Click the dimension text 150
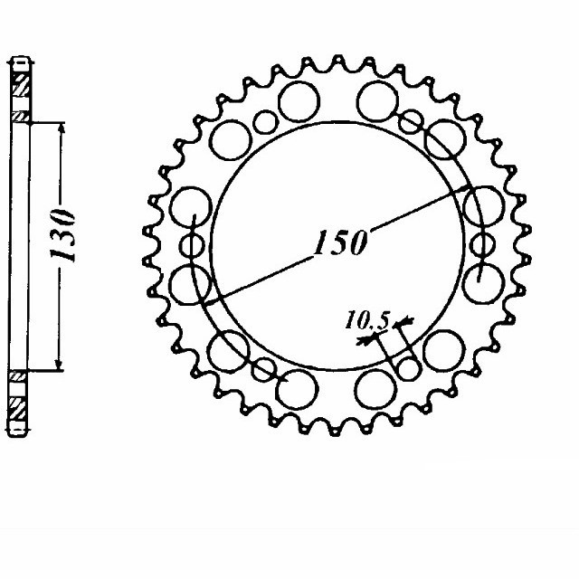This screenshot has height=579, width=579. (340, 243)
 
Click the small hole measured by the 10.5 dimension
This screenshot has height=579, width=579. (409, 368)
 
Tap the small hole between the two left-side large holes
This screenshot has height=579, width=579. (193, 246)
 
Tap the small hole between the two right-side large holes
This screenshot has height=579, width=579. (480, 245)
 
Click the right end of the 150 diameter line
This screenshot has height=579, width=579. (470, 187)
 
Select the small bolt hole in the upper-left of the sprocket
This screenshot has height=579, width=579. (264, 121)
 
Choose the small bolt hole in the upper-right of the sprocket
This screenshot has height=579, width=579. (411, 120)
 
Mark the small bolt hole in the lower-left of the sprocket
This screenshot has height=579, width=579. (264, 368)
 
